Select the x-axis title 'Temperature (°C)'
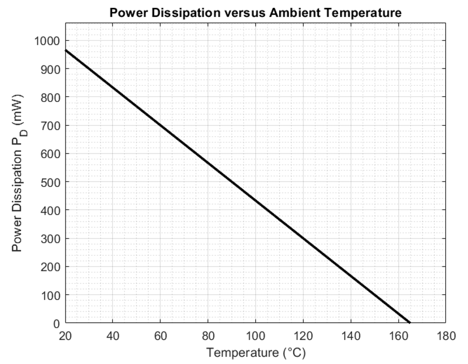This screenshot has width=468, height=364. pyautogui.click(x=256, y=352)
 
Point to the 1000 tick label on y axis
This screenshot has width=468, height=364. pyautogui.click(x=47, y=40)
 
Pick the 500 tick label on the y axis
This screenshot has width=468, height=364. pyautogui.click(x=50, y=182)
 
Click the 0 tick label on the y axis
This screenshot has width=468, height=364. pyautogui.click(x=56, y=323)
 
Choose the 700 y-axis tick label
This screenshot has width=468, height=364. pyautogui.click(x=50, y=125)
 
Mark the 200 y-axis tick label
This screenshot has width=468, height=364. pyautogui.click(x=50, y=267)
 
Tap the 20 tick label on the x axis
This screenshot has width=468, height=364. pyautogui.click(x=65, y=336)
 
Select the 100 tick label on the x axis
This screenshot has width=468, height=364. pyautogui.click(x=255, y=336)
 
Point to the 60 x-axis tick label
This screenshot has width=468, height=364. pyautogui.click(x=160, y=336)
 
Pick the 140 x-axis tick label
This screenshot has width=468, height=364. pyautogui.click(x=351, y=336)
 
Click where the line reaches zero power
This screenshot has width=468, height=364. pyautogui.click(x=410, y=323)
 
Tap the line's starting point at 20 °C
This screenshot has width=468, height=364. pyautogui.click(x=65, y=50)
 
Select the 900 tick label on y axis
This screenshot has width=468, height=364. pyautogui.click(x=50, y=69)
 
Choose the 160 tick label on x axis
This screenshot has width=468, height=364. pyautogui.click(x=398, y=336)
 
